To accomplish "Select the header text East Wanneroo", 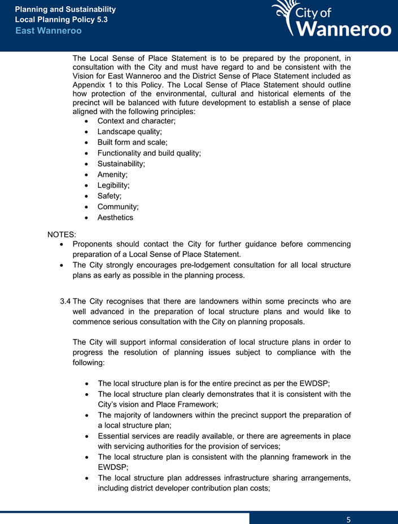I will pyautogui.click(x=48, y=30).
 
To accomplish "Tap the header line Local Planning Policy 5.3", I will pyautogui.click(x=61, y=20).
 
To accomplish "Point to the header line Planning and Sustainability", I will pyautogui.click(x=65, y=10).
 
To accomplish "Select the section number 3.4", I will pyautogui.click(x=65, y=301).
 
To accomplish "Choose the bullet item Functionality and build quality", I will pyautogui.click(x=149, y=153).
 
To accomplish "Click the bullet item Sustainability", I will pyautogui.click(x=121, y=164).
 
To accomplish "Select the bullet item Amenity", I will pyautogui.click(x=112, y=175).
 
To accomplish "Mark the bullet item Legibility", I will pyautogui.click(x=113, y=186).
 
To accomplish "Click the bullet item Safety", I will pyautogui.click(x=110, y=196).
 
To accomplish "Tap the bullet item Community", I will pyautogui.click(x=118, y=207).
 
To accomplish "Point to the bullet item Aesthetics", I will pyautogui.click(x=115, y=218).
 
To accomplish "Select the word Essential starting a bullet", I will pyautogui.click(x=116, y=436).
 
